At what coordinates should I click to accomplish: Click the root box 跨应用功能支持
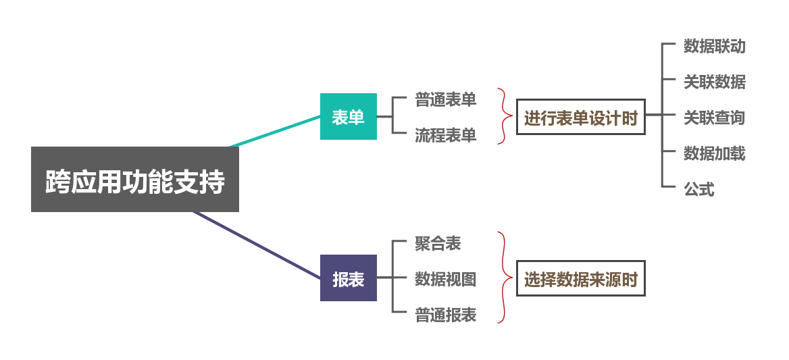(x=135, y=180)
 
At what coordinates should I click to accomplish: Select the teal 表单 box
(x=348, y=117)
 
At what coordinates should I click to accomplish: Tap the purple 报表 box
(x=348, y=278)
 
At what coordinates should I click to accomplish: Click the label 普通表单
(x=445, y=100)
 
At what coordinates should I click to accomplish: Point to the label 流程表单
(x=445, y=135)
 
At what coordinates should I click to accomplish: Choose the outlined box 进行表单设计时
(x=581, y=118)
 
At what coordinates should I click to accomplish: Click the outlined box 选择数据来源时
(x=581, y=278)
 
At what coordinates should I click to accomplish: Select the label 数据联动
(x=714, y=46)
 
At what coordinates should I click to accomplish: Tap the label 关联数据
(x=714, y=82)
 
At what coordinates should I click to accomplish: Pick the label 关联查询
(x=714, y=118)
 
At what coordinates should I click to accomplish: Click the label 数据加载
(x=714, y=153)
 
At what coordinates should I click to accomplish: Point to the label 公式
(x=698, y=189)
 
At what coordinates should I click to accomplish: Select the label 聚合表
(x=438, y=243)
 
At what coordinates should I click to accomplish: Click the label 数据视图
(x=445, y=278)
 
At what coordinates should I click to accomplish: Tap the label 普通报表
(x=445, y=315)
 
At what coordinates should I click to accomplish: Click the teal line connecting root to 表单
(x=276, y=131)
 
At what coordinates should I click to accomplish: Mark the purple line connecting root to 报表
(x=257, y=245)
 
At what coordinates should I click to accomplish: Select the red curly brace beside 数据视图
(x=503, y=278)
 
